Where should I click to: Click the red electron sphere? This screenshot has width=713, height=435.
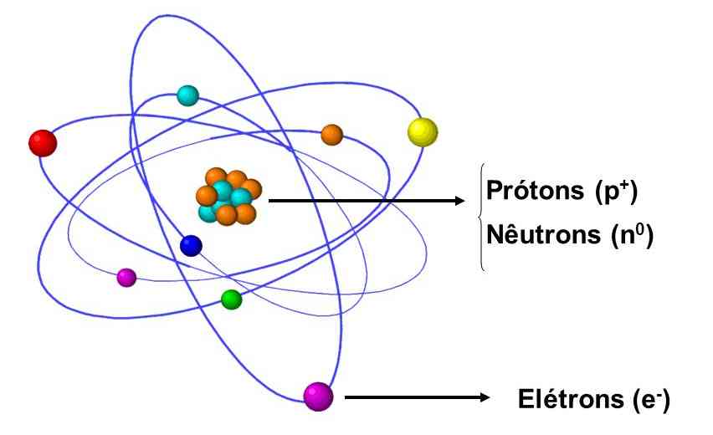42,142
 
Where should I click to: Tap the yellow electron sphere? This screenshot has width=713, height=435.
423,131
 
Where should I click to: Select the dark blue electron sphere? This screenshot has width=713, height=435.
192,245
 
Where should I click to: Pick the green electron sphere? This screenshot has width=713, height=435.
232,299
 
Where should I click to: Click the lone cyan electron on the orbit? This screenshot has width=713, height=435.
187,95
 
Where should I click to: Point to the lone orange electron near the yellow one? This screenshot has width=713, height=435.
332,135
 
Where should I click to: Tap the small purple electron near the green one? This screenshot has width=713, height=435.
126,276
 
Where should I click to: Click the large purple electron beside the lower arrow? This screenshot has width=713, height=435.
318,397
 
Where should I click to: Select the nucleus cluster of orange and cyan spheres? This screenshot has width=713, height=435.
227,197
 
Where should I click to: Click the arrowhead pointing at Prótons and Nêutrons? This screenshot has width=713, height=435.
458,201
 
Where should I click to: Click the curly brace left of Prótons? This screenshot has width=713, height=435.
481,216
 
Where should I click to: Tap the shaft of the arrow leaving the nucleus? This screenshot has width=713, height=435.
360,201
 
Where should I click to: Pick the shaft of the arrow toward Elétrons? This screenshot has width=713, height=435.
410,398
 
